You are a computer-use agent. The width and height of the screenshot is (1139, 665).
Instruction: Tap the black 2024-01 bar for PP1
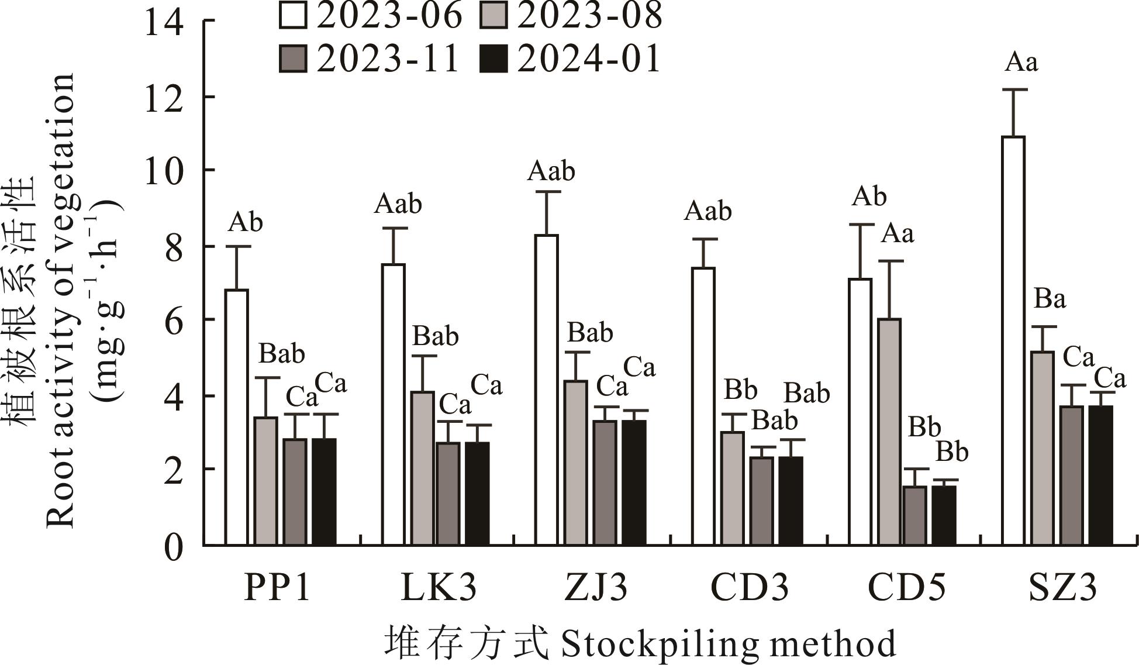(324, 492)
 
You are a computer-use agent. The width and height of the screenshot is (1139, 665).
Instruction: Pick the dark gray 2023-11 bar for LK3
(448, 494)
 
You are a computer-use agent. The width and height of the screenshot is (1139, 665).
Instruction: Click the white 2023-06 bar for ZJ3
(546, 390)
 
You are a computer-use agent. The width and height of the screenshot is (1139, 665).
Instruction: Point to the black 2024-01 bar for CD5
(944, 515)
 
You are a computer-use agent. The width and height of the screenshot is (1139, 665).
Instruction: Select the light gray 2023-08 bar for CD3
(732, 488)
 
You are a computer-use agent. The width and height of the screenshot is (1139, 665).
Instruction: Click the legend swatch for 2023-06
(292, 16)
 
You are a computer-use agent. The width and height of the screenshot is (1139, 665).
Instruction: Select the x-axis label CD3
(749, 588)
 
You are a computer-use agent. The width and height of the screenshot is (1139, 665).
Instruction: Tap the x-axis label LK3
(438, 588)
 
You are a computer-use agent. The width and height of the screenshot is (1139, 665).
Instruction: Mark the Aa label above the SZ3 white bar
(1021, 62)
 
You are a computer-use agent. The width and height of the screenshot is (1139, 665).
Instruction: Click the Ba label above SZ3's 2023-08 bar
(1050, 299)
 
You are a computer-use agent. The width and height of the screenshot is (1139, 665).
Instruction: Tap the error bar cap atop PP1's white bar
(236, 247)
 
